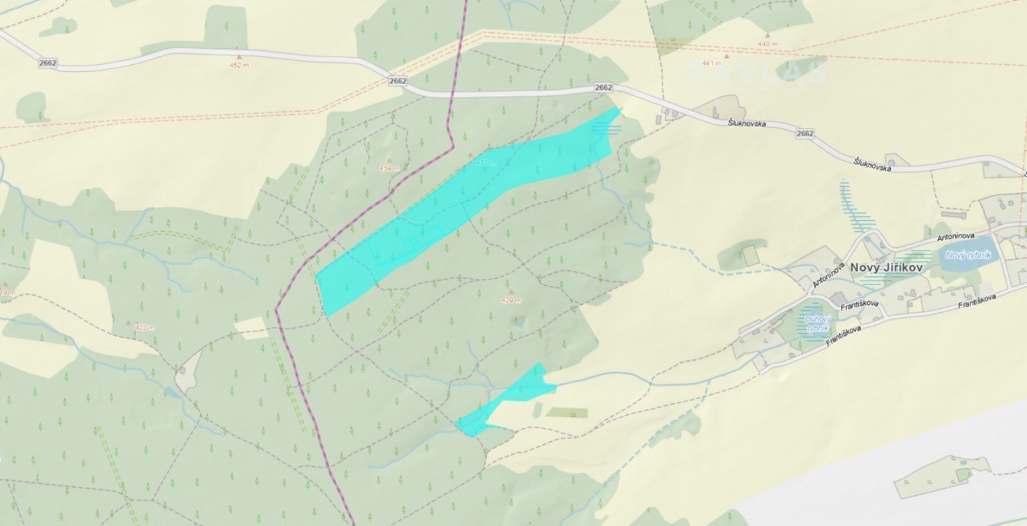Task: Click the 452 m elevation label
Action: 239,66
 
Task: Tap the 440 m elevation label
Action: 767,44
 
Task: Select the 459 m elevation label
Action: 389,169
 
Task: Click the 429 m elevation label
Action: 511,301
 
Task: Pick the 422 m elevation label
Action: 144,328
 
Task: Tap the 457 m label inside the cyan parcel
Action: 485,163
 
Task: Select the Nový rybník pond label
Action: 968,256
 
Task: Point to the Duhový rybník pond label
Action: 818,323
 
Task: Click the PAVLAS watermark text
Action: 755,73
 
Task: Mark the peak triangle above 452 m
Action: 239,57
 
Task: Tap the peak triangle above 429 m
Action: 511,292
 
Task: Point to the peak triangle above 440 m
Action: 767,35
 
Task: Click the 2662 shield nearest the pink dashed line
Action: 397,81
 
